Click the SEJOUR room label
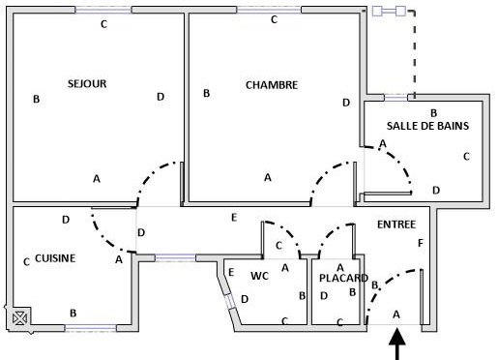pos(87,84)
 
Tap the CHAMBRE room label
pos(272,85)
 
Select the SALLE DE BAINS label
pos(427,126)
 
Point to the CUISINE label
pos(55,258)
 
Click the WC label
pos(259,276)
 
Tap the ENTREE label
pos(396,224)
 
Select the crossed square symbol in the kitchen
pos(18,315)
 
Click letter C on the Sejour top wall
pos(103,24)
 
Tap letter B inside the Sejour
pos(37,99)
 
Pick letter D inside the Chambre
pos(345,103)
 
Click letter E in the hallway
pos(233,218)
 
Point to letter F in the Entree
pos(420,242)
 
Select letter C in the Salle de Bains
pos(466,156)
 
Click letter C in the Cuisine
pos(25,261)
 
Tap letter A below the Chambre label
pos(268,177)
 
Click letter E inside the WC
pos(230,273)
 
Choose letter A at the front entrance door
pos(395,315)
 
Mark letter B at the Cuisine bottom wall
pos(73,313)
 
